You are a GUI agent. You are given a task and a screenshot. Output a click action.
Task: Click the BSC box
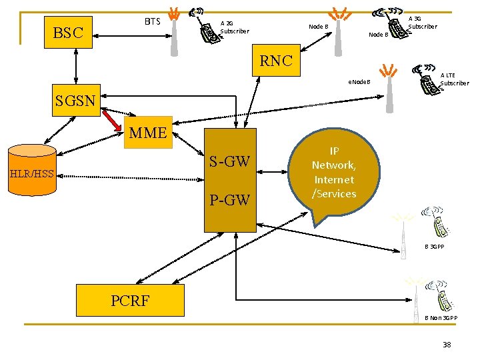tap(67, 32)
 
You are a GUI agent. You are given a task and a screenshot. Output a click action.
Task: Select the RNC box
tap(276, 61)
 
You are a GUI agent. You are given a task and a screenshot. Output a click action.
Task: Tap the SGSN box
tap(76, 101)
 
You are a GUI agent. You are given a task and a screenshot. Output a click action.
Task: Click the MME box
tap(148, 132)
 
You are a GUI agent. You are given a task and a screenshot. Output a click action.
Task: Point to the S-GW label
tap(229, 161)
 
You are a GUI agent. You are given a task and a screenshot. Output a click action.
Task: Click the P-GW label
tap(229, 199)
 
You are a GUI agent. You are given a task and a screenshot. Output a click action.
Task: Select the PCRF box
tap(130, 300)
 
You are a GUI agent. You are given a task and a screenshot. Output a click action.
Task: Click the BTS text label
tap(153, 22)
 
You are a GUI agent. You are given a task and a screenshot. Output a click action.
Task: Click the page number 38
tap(447, 345)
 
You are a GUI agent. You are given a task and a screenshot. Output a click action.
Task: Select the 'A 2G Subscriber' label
tap(234, 27)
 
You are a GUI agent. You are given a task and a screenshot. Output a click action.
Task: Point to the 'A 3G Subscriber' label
tap(422, 23)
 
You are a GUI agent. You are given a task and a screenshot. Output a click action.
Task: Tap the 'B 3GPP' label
tap(434, 247)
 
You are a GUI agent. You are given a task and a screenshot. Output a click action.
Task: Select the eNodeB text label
tap(357, 83)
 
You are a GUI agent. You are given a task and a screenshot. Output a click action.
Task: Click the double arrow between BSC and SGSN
tap(77, 66)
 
